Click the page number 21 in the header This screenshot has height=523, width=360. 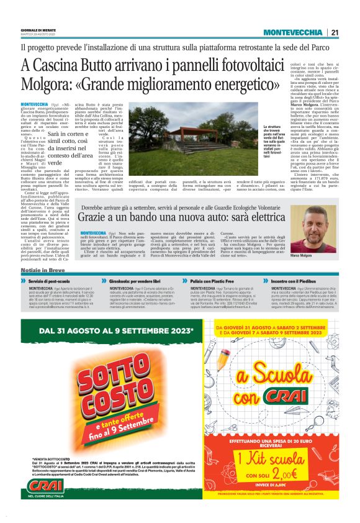click(x=335, y=32)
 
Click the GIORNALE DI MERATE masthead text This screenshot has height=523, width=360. click(x=38, y=30)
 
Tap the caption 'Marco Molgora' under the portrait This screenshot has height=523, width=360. click(x=318, y=255)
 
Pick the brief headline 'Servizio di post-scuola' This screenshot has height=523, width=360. click(x=54, y=281)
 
